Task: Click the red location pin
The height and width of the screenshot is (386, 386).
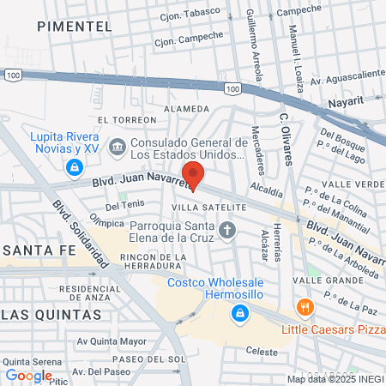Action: (x=193, y=174)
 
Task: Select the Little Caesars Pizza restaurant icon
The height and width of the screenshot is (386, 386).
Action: (x=304, y=306)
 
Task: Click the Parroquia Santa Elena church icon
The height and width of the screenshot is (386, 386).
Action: (x=227, y=229)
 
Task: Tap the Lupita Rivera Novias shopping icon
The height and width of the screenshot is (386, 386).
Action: (x=75, y=166)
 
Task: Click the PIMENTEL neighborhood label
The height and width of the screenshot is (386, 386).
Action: (x=75, y=27)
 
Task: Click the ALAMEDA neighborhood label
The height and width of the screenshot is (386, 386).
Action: (x=185, y=109)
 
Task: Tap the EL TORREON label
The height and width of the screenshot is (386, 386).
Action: (x=124, y=120)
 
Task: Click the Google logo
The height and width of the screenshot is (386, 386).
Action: (x=29, y=375)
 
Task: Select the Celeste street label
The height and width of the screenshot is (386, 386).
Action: (x=262, y=352)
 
